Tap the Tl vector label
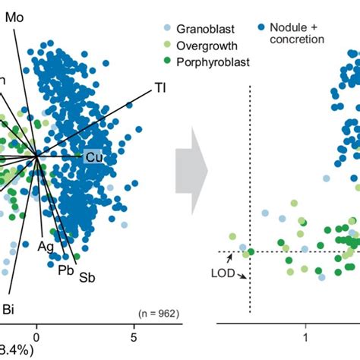160,87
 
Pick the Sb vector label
87,277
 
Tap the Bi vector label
10,308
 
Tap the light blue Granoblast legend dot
168,30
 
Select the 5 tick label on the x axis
134,335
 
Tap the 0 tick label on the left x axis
36,335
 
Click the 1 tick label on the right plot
305,335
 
